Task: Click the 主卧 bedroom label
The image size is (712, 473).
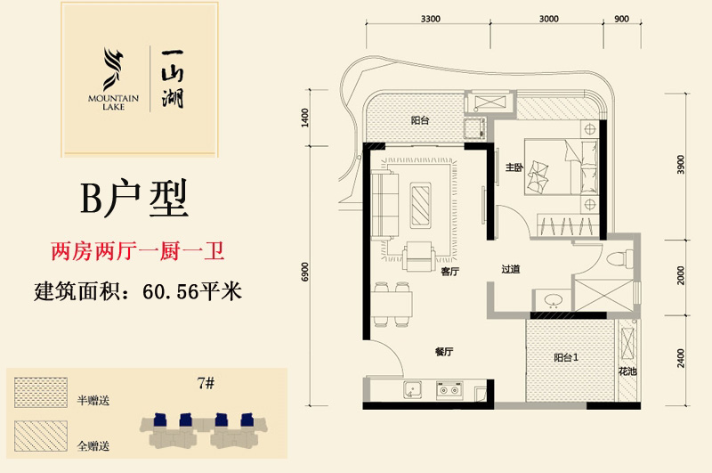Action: point(513,167)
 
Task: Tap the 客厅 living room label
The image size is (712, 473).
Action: point(449,273)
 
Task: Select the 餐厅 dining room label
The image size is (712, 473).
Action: point(445,352)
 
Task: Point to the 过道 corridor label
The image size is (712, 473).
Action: point(510,268)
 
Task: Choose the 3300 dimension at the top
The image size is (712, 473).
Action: point(431,18)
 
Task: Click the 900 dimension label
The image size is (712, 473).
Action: point(621,18)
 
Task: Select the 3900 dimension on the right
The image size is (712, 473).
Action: point(680,167)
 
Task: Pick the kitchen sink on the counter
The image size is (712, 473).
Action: point(412,390)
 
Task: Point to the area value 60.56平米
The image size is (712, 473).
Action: point(192,291)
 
